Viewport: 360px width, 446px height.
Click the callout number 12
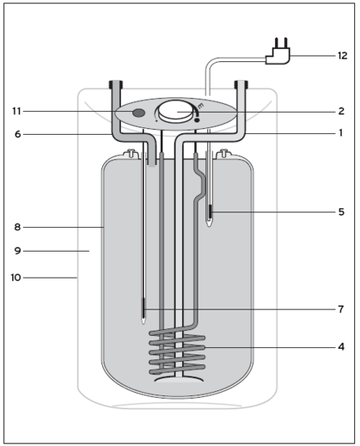coord(342,56)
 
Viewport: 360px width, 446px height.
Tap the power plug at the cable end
coord(276,53)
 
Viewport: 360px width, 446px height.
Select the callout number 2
coord(341,111)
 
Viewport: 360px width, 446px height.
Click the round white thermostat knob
coord(176,111)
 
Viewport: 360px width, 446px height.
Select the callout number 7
coord(341,310)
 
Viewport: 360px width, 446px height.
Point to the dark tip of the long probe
coord(144,310)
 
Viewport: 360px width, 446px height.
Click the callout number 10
coord(16,278)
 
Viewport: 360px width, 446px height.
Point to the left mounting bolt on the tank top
coord(128,154)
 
